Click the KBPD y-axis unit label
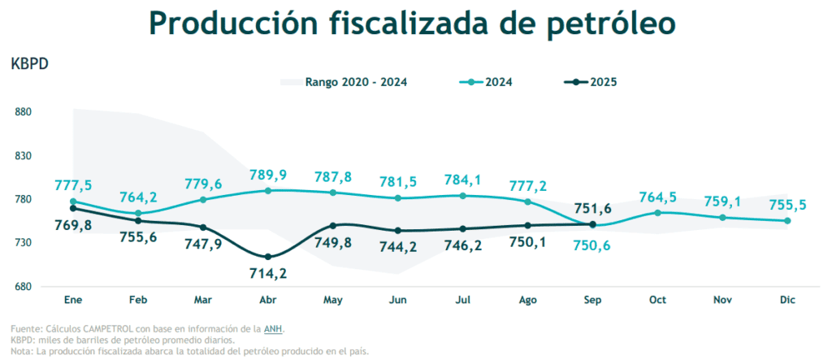30,64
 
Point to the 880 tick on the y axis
23,112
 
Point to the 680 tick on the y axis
23,287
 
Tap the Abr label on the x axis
268,301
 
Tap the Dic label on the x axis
786,301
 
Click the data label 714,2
269,274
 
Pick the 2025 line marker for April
268,257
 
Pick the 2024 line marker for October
657,213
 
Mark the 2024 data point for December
787,220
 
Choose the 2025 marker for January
73,209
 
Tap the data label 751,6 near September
594,207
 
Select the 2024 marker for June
398,198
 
